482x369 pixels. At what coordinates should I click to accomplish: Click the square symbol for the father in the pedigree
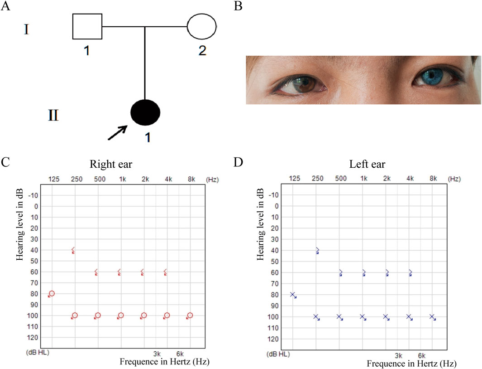87,26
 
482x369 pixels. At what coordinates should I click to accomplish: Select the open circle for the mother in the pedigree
202,26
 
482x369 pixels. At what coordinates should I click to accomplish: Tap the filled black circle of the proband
145,114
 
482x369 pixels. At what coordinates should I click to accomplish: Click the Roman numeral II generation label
53,115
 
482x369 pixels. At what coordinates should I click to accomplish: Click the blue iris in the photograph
431,75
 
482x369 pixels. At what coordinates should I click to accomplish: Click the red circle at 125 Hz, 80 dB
52,294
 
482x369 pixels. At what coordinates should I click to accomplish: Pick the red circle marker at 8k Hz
190,315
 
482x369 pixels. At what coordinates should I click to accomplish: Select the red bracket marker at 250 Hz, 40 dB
73,250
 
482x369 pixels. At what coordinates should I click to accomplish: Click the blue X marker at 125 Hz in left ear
293,295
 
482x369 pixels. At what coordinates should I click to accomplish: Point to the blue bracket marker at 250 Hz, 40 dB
317,250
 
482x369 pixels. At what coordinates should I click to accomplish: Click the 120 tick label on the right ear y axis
36,337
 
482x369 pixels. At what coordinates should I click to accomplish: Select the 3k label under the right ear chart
157,354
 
